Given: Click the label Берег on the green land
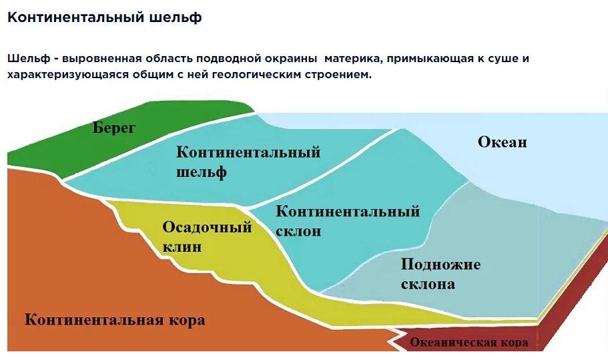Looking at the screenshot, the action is coord(114,128).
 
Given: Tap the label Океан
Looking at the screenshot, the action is coord(502,142).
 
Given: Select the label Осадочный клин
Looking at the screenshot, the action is coord(207,236).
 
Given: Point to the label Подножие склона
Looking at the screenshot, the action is coord(440,274).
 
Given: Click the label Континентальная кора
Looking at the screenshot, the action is coord(115,320).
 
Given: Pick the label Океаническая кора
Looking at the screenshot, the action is coord(469,343).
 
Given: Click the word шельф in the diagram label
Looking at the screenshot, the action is coord(202,172).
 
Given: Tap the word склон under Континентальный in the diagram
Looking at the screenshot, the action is coord(298,231).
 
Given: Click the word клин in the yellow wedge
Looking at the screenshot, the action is coord(182,246).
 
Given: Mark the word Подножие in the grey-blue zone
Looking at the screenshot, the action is coord(440,264).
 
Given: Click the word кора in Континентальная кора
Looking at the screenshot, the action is coord(188,321).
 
